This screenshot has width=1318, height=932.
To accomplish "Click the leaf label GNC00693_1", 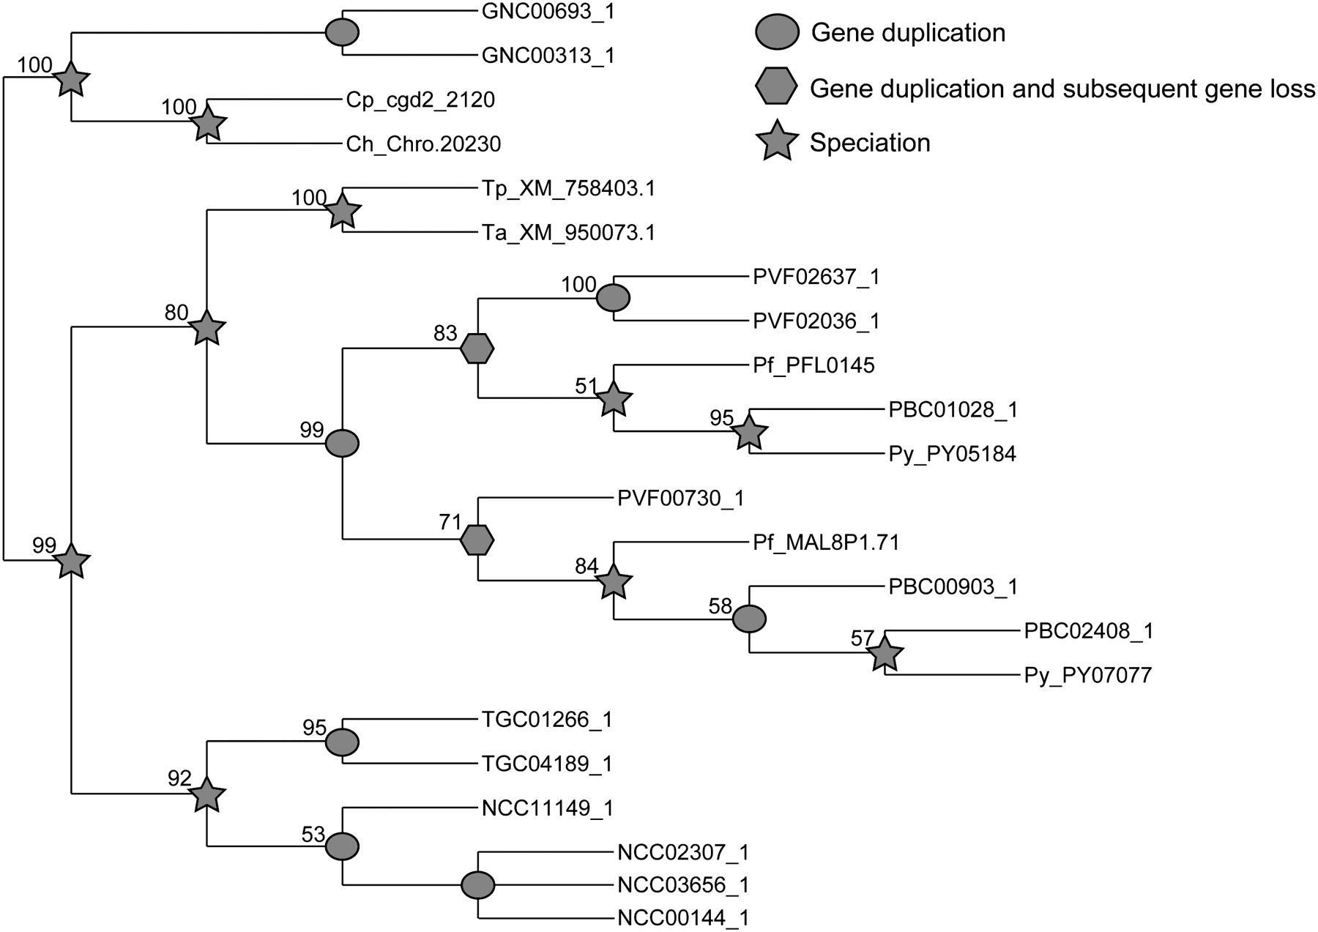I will tap(548, 12).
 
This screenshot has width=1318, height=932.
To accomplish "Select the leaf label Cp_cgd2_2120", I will tap(420, 100).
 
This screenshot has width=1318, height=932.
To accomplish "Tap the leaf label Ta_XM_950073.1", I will tap(568, 233).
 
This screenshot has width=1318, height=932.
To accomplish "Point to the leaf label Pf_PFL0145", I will tap(813, 365).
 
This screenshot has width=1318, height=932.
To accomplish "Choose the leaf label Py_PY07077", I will tap(1087, 674).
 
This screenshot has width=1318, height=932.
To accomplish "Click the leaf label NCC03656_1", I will tap(683, 884).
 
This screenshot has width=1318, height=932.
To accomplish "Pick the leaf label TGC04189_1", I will tap(547, 764).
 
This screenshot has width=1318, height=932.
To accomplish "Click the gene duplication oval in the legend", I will tap(777, 33).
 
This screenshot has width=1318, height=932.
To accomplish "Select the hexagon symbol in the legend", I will tap(777, 88).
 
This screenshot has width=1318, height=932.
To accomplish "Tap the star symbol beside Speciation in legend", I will tap(777, 142).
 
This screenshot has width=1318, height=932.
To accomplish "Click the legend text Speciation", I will tap(870, 143).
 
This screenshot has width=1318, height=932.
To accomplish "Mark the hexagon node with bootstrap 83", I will tap(477, 349).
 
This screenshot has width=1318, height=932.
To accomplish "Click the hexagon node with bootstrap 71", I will tap(477, 540).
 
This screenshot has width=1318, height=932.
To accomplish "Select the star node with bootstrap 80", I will tap(207, 329).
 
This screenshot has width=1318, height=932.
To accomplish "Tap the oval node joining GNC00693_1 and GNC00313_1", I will tap(342, 33).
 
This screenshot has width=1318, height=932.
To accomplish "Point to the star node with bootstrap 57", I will tap(885, 654).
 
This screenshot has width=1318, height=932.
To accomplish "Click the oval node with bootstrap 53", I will tap(342, 846).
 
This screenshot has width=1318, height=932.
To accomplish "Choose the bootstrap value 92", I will tap(179, 778).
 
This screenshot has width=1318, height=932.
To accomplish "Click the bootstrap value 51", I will tap(587, 386).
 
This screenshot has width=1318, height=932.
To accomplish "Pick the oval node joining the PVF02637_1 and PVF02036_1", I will tap(613, 299).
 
